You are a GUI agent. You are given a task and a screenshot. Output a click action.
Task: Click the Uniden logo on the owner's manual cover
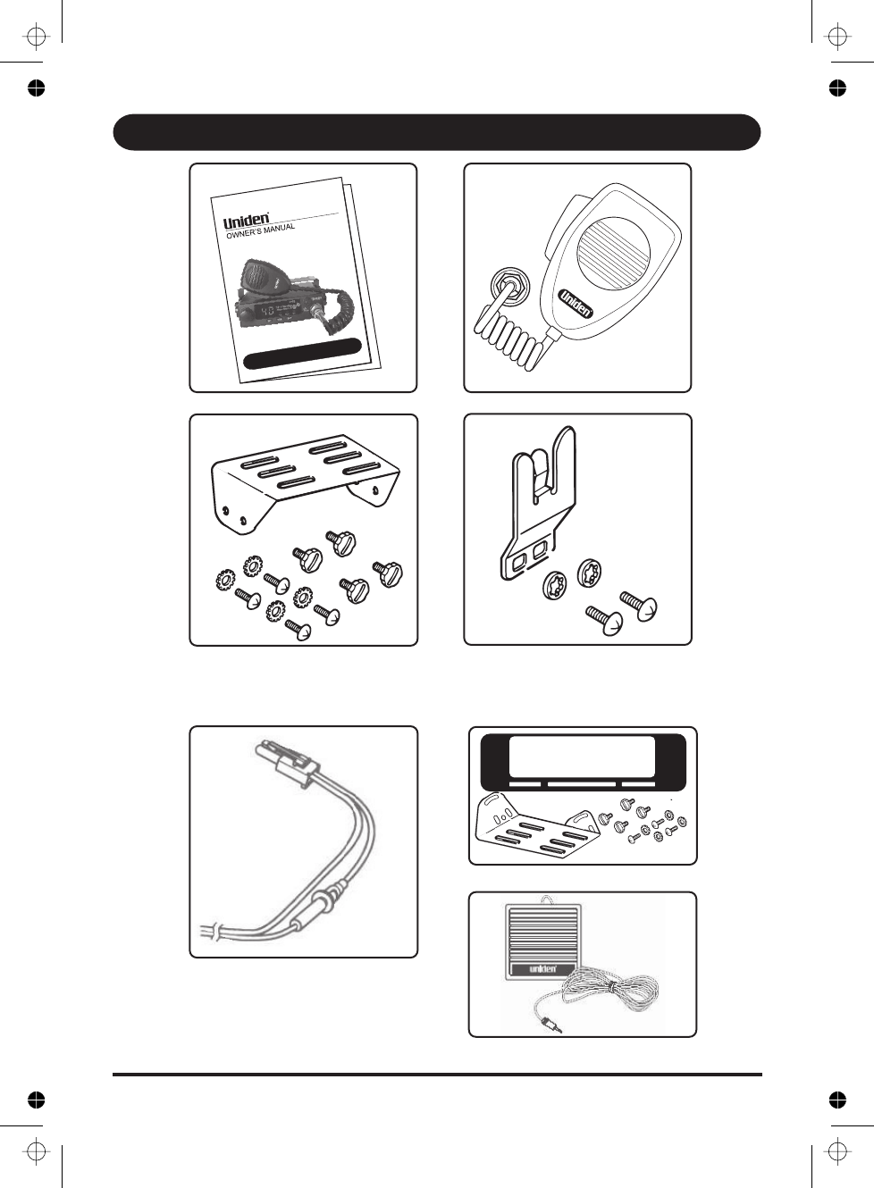pyautogui.click(x=246, y=220)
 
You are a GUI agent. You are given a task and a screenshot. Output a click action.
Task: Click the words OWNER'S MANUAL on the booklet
pyautogui.click(x=260, y=231)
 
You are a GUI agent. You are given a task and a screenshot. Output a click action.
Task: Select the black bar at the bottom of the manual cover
pyautogui.click(x=302, y=353)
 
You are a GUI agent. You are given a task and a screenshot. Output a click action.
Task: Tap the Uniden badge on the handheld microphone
pyautogui.click(x=576, y=303)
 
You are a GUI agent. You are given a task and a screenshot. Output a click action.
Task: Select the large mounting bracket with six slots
pyautogui.click(x=304, y=482)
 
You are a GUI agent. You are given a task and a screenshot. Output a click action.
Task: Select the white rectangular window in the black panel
pyautogui.click(x=582, y=757)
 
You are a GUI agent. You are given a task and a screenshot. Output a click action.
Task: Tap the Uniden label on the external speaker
pyautogui.click(x=542, y=968)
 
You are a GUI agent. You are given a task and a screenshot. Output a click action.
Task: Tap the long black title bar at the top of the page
pyautogui.click(x=436, y=132)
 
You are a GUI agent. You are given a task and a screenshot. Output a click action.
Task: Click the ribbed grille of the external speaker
pyautogui.click(x=542, y=933)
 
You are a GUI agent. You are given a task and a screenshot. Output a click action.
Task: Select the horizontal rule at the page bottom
pyautogui.click(x=436, y=1074)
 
